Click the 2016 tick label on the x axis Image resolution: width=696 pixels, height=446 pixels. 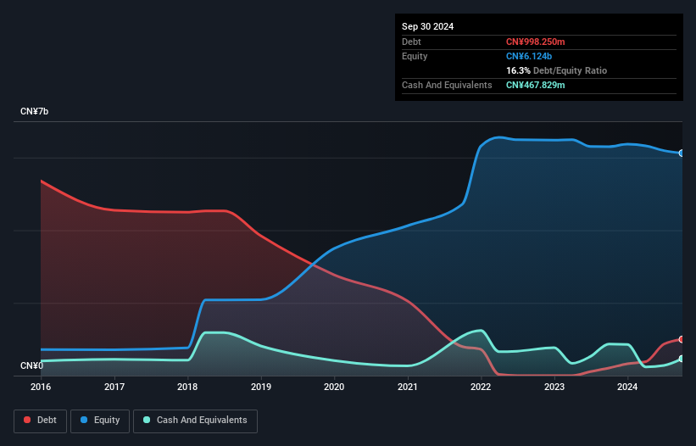pos(42,387)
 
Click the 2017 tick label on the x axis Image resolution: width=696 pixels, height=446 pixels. pos(114,387)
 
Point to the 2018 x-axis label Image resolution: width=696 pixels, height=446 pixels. pos(188,387)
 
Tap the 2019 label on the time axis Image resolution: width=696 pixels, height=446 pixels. pos(261,387)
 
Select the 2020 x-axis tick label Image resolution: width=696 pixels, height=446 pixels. pos(334,387)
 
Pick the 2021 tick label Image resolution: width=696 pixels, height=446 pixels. pos(408,387)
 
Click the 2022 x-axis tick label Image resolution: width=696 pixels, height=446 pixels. pos(481,387)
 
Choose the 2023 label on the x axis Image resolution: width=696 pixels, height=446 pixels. pos(554,387)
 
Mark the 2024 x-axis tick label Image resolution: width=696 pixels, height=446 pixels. pos(627,387)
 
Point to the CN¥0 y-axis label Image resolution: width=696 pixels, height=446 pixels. pos(31,365)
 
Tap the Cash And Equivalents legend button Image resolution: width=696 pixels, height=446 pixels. pos(195,420)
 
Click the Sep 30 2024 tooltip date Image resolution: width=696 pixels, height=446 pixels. pos(428,26)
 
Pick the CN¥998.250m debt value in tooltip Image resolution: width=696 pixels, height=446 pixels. pos(535,42)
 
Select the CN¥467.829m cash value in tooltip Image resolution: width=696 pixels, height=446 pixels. pos(535,85)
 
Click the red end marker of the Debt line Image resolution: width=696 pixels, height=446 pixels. pos(682,339)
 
